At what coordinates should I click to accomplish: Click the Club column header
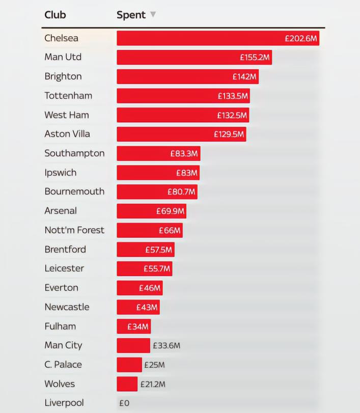pyautogui.click(x=55, y=15)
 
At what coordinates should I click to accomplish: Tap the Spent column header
pyautogui.click(x=131, y=15)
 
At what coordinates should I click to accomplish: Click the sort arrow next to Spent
pyautogui.click(x=153, y=14)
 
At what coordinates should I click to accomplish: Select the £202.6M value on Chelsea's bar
pyautogui.click(x=301, y=38)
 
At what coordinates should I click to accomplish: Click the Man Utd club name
pyautogui.click(x=63, y=57)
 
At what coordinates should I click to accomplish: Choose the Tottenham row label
pyautogui.click(x=68, y=96)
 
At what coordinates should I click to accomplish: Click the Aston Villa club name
pyautogui.click(x=67, y=134)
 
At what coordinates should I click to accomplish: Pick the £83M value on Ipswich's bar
pyautogui.click(x=186, y=173)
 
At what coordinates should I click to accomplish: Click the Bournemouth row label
pyautogui.click(x=74, y=191)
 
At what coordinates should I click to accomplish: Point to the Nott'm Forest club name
pyautogui.click(x=74, y=230)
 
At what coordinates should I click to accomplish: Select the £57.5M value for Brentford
pyautogui.click(x=158, y=250)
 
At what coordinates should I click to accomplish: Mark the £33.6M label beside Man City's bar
pyautogui.click(x=167, y=346)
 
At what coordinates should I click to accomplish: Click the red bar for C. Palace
pyautogui.click(x=129, y=365)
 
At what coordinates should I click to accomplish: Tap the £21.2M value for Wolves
pyautogui.click(x=153, y=384)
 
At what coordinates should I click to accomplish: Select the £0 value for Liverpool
pyautogui.click(x=124, y=403)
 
